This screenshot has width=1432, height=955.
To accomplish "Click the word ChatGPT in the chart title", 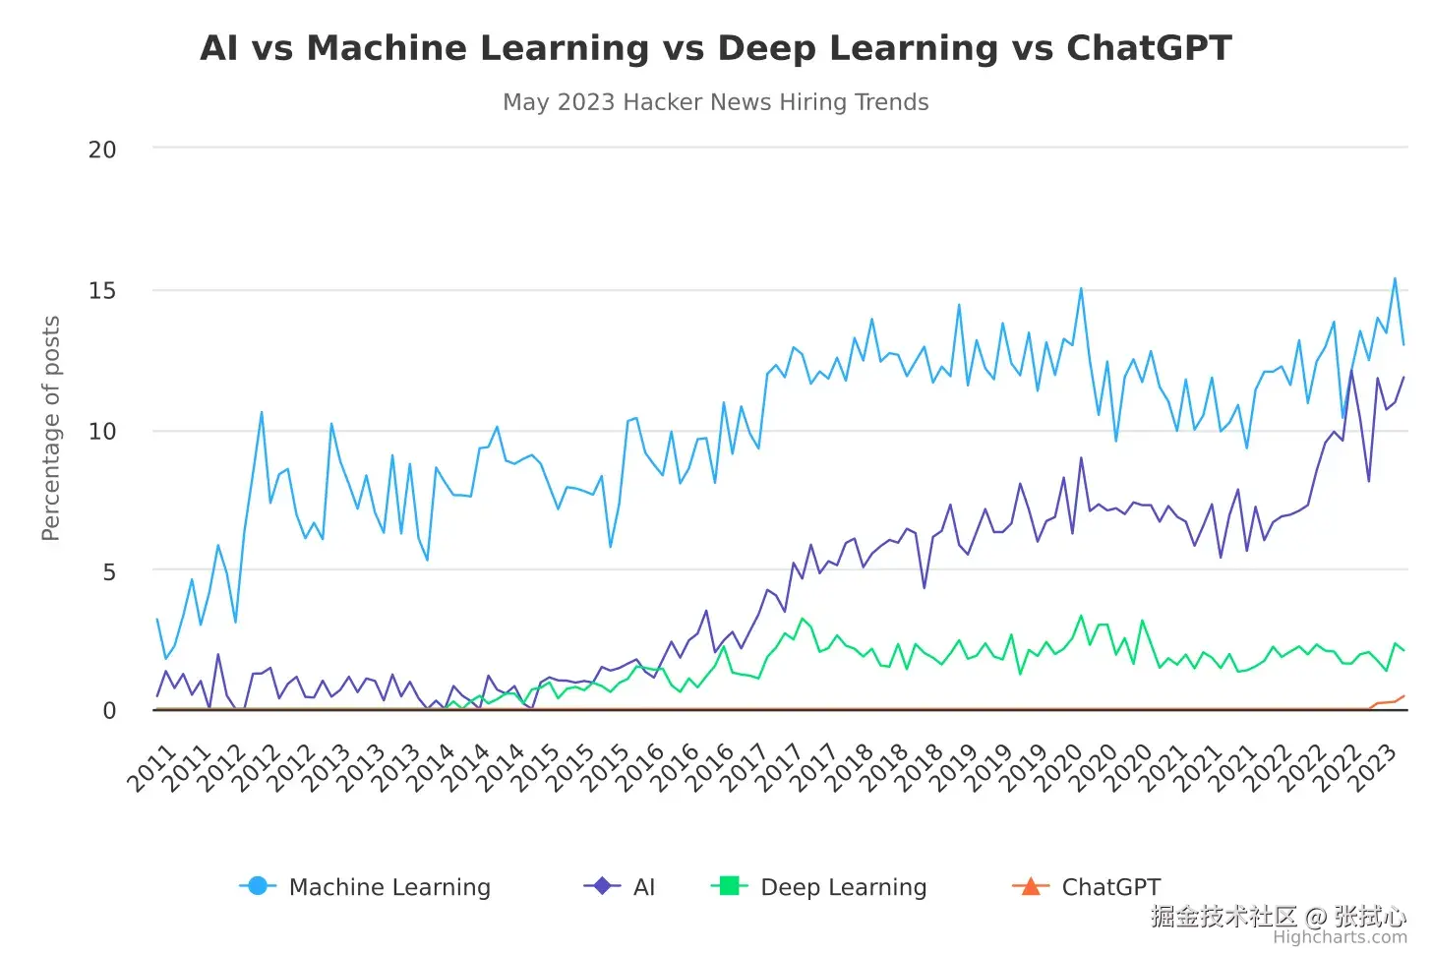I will coord(1149,48).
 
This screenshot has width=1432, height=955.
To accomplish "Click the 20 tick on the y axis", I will coord(102,149).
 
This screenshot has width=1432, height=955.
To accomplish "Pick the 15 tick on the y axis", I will coord(102,290).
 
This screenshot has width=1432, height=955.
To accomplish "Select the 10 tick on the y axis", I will coord(102,431).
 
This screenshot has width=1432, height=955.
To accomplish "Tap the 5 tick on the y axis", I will coord(109,571).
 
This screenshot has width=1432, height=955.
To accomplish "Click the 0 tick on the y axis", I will coord(109,711).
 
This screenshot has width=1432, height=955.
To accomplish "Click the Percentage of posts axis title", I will coord(51,428).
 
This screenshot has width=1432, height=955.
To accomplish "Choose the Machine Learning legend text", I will coord(389,887).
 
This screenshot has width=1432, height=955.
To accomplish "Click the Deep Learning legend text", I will coord(844,887).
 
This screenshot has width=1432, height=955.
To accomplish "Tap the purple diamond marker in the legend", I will coord(602,886).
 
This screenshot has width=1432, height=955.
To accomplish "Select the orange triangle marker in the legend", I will coord(1031,886).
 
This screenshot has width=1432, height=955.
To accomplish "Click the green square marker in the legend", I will coord(730,886).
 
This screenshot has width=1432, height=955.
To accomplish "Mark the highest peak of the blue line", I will coord(1395,278).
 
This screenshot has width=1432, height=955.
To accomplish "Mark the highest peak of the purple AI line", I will coord(1351,370).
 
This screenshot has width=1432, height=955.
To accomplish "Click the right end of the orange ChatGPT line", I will coord(1403,696).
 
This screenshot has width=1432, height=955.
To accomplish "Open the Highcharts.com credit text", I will coord(1340,937).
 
